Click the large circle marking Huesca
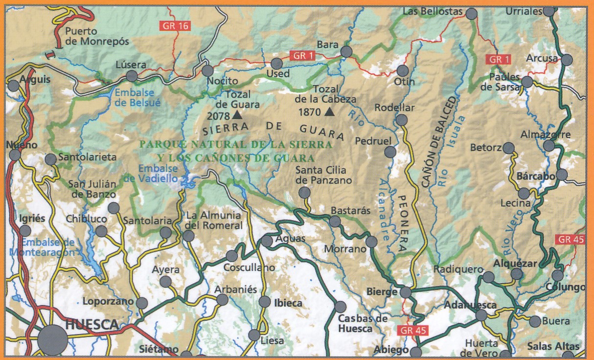[x=53, y=339]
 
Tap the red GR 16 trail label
[x=175, y=26]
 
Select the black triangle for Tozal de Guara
[x=237, y=115]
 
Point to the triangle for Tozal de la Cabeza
[x=329, y=112]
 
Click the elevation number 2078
[x=218, y=116]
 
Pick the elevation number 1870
[x=310, y=112]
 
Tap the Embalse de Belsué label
[x=135, y=97]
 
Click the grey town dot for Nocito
[x=208, y=70]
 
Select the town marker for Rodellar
[x=402, y=120]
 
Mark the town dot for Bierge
[x=406, y=292]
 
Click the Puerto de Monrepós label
[x=97, y=36]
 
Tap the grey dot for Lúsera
[x=132, y=76]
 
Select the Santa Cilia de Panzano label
[x=323, y=175]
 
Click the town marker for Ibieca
[x=264, y=302]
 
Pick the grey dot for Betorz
[x=509, y=148]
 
